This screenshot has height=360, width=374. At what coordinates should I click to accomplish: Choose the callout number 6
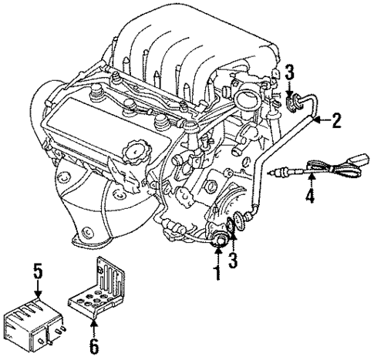(95, 347)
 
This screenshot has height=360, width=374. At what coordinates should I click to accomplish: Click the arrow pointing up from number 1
(218, 255)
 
